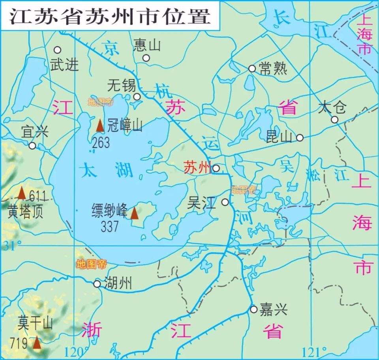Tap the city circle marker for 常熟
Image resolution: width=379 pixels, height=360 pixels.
tap(252, 68)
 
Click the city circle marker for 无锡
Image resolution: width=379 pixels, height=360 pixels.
tap(137, 97)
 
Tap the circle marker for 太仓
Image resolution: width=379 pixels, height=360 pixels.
tap(334, 119)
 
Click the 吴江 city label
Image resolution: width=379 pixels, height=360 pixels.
tap(202, 203)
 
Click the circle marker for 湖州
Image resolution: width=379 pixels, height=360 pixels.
tap(97, 284)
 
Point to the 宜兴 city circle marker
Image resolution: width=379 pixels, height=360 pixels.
tap(32, 146)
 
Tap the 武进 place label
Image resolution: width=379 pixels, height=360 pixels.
tap(65, 64)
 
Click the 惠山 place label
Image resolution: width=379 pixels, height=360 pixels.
tap(147, 45)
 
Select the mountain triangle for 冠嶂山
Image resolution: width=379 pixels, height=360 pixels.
tap(100, 126)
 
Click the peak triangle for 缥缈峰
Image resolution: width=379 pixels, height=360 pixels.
tap(135, 213)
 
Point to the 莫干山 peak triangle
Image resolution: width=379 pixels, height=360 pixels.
tap(37, 342)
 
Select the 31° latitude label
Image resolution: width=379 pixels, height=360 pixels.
tap(13, 246)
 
